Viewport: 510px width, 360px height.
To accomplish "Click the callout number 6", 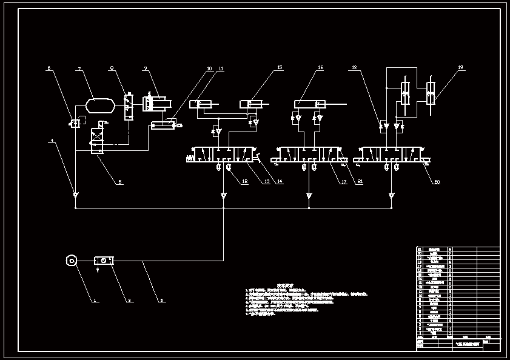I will pos(49,68).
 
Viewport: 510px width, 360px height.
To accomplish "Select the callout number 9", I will pos(146,68).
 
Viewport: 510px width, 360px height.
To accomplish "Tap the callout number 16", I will pos(320,68).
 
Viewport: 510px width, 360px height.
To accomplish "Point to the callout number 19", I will pos(460,67).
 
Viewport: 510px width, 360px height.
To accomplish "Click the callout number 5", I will pos(119,181).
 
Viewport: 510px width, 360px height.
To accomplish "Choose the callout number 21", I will pos(360,181).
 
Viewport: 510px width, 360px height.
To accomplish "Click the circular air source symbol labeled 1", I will pos(72,261).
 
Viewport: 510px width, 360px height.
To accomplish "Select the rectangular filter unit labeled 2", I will pos(104,261).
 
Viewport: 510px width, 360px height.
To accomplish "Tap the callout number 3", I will pos(162,300).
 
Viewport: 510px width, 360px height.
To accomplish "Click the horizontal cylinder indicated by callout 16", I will pos(309,104).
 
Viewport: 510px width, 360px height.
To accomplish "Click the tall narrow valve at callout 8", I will pos(129,107).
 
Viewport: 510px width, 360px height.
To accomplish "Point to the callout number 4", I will pos(52,141).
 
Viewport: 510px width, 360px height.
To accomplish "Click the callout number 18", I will pos(355,68).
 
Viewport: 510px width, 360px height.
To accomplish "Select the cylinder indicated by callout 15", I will pos(251,104).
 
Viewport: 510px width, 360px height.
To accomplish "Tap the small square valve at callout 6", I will pos(75,124).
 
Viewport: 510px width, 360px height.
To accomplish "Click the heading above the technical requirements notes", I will pos(284,284).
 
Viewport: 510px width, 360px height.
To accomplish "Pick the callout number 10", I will pos(209,68).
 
